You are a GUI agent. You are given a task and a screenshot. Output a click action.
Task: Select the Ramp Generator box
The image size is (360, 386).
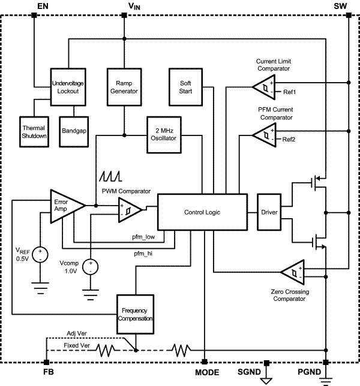pyautogui.click(x=123, y=87)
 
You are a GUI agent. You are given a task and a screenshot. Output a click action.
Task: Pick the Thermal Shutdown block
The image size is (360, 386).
pyautogui.click(x=34, y=132)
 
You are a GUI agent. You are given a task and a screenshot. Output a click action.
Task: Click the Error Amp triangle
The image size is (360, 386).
pyautogui.click(x=65, y=207)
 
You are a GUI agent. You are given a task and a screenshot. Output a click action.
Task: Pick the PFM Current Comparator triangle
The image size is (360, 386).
pyautogui.click(x=262, y=135)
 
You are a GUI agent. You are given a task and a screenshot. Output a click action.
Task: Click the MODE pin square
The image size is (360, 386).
pyautogui.click(x=205, y=363)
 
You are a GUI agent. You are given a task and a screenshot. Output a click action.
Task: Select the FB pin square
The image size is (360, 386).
pyautogui.click(x=46, y=363)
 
